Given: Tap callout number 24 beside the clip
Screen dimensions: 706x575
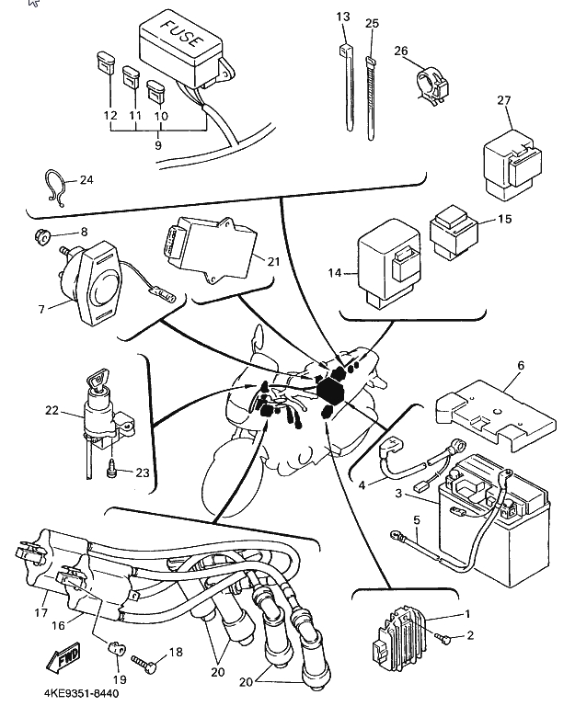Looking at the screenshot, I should tap(86, 180).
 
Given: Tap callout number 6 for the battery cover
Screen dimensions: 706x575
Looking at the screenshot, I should tap(520, 365).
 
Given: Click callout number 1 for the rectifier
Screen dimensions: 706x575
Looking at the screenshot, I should tap(467, 613).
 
